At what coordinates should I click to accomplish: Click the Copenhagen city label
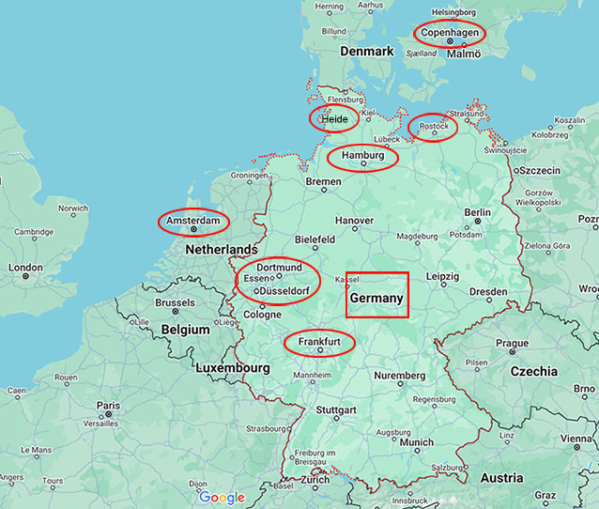451,33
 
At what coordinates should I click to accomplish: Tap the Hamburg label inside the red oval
362,155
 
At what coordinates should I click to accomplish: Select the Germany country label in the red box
376,299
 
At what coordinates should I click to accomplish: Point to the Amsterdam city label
193,221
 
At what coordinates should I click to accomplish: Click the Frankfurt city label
319,342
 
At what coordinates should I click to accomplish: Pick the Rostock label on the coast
434,126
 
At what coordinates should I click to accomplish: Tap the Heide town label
334,119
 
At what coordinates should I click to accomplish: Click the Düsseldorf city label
286,291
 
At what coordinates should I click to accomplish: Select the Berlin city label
477,212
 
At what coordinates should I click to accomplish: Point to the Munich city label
416,442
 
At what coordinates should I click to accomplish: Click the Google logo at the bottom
222,498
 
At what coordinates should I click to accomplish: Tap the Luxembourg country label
233,369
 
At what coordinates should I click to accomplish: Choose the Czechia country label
533,371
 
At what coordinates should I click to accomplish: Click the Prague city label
512,343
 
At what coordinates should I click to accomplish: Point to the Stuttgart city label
336,410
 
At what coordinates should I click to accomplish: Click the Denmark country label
367,51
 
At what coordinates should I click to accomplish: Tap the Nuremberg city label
400,376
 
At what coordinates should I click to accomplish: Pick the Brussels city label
175,303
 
